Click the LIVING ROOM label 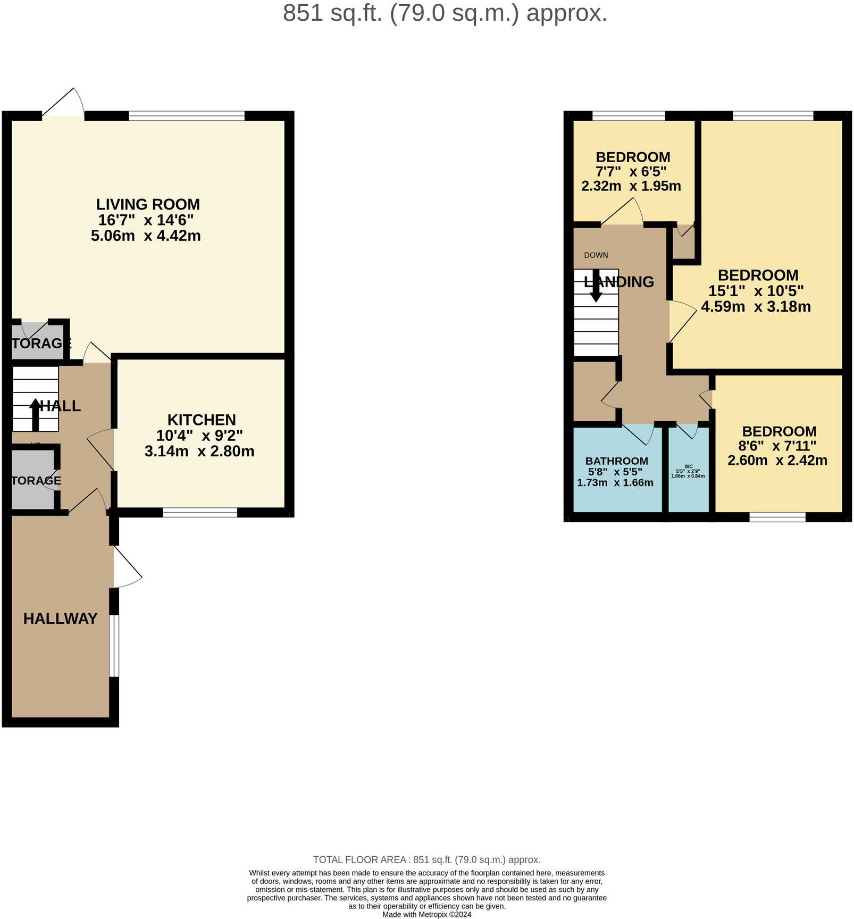point(148,204)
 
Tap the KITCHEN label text point(201,420)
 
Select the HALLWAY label point(60,619)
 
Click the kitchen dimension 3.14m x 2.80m point(199,452)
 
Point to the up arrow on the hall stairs point(35,414)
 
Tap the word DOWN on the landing point(596,255)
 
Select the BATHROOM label point(616,461)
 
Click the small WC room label point(688,466)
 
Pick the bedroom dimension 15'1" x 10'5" point(756,291)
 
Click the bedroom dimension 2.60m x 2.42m point(777,461)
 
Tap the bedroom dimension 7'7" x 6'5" point(631,172)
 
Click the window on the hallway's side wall point(114,646)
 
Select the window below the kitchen point(199,512)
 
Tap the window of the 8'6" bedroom point(777,517)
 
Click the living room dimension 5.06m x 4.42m point(146,236)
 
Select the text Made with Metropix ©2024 point(426,915)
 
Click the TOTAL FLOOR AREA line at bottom point(426,859)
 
